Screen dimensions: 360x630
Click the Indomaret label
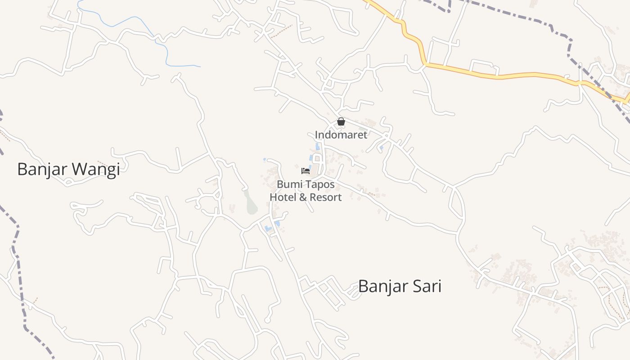(x=341, y=135)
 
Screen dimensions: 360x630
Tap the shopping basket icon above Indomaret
(x=341, y=121)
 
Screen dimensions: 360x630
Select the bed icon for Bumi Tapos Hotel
(x=306, y=171)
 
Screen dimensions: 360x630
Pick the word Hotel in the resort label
(x=283, y=197)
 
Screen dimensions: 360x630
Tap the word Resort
(x=324, y=197)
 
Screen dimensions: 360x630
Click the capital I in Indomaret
(x=316, y=135)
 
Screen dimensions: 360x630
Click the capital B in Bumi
(x=280, y=184)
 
